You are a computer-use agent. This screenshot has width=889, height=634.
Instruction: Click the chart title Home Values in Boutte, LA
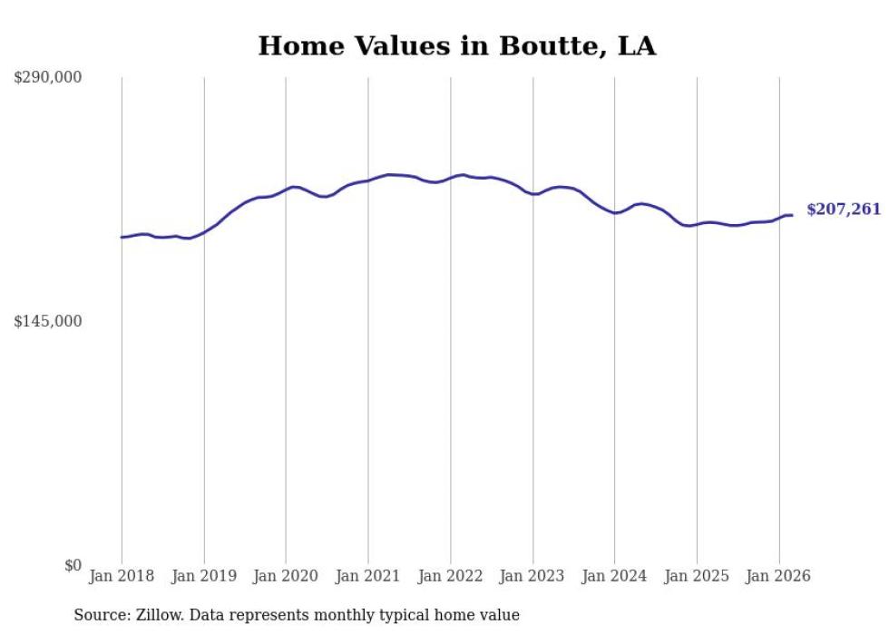[456, 45]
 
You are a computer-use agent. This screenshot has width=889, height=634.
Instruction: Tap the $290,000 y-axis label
[48, 78]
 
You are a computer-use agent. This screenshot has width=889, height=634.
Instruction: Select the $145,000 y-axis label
[48, 322]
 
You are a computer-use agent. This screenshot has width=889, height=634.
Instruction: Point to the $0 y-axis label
[73, 566]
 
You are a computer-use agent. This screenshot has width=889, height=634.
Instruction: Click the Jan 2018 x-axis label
[122, 576]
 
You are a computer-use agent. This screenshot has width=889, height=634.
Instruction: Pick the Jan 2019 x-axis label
[204, 576]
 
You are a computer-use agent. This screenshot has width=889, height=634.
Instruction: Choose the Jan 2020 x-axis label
[286, 576]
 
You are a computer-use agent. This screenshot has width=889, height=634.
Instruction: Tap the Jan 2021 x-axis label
[368, 576]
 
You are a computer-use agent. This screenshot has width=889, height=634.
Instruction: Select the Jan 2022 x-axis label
[451, 576]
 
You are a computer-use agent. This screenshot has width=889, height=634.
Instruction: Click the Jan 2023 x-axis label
[532, 576]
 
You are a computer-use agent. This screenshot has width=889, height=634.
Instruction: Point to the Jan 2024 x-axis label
[615, 576]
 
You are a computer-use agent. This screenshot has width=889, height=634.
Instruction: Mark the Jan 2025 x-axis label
[697, 576]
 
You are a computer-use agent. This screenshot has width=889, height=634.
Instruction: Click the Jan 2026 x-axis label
[779, 576]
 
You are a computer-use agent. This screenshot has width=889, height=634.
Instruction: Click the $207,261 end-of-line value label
[844, 210]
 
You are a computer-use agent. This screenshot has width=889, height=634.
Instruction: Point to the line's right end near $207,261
[792, 215]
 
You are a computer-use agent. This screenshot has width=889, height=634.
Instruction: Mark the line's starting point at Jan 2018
[122, 238]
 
